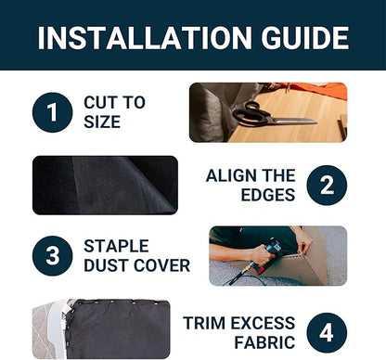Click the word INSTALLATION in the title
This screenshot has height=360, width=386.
(145, 38)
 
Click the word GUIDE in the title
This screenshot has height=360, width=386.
(305, 38)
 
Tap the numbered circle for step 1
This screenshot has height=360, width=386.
(52, 112)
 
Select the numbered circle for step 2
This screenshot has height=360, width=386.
(327, 185)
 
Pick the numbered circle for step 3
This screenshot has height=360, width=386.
(52, 255)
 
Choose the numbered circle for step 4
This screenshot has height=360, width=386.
(327, 332)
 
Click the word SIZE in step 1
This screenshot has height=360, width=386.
(102, 122)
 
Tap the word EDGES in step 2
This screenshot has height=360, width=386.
(268, 195)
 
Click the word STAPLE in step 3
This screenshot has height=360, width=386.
(116, 246)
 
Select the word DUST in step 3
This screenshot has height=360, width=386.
(103, 265)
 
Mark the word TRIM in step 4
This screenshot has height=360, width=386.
(204, 323)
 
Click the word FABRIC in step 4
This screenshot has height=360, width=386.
(264, 342)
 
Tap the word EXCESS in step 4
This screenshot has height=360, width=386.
(263, 323)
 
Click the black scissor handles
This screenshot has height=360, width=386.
(250, 113)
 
